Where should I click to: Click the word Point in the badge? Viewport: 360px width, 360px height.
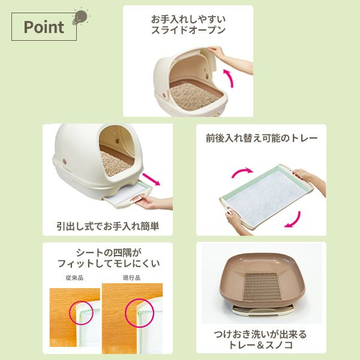[x=43, y=28]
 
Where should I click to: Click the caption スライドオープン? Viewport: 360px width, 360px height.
[x=188, y=30]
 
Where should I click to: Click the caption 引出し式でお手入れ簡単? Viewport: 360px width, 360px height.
[x=107, y=227]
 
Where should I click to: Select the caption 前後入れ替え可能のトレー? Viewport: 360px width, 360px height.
[x=261, y=137]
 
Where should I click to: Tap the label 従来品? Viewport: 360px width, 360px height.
[x=72, y=278]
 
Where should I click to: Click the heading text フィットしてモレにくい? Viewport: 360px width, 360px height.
[x=107, y=263]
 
